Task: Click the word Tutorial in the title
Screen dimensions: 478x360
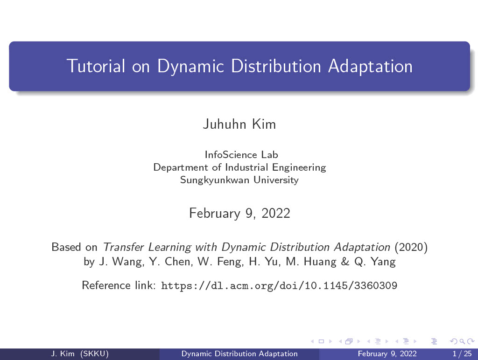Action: point(96,66)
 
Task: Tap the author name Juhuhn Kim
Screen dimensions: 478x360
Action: point(239,124)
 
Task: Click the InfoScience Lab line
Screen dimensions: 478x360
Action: point(241,155)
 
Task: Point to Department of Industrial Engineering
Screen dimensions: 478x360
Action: point(239,167)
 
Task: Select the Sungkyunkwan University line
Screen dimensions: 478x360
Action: point(239,180)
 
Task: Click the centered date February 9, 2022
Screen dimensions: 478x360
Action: point(239,213)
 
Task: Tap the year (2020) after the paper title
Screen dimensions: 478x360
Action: point(411,247)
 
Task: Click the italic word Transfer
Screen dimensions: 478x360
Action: point(123,247)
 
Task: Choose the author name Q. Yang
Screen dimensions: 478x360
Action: point(375,262)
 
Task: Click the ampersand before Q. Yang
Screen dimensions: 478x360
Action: point(345,261)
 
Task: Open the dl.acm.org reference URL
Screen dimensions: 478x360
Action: point(279,286)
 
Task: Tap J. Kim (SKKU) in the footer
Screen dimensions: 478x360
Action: point(80,353)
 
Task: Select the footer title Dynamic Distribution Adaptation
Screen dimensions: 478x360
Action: point(239,353)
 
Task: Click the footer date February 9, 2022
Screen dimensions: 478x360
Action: point(387,353)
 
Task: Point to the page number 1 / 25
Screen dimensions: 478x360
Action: point(462,353)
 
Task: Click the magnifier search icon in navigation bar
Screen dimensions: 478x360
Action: point(463,341)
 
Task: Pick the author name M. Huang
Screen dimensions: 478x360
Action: point(311,262)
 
